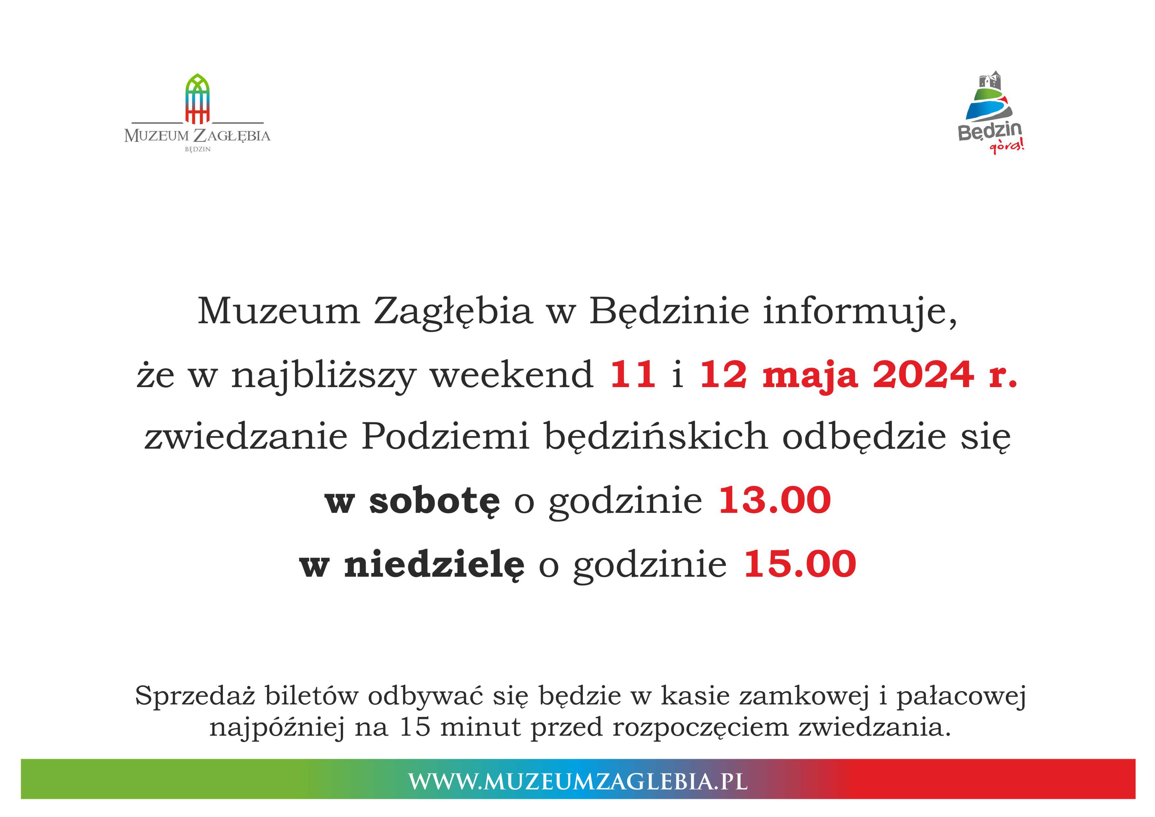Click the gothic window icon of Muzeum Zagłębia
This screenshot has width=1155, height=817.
pos(197,99)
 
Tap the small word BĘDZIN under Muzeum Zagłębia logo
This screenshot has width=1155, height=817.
pos(198,149)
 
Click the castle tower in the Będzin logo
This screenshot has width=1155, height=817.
pos(990,82)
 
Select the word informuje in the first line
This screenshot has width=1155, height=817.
pos(860,311)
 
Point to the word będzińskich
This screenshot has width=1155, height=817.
pos(656,436)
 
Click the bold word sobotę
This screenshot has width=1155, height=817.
pos(435,501)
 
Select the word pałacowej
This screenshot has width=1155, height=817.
pos(961,696)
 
